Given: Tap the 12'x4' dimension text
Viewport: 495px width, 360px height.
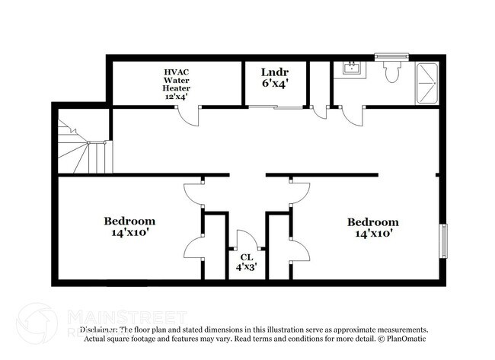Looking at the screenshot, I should tap(177, 97).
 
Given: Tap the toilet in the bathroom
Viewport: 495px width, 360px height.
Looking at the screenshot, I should tap(391, 72).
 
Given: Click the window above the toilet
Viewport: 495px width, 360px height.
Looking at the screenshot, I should tap(391, 56).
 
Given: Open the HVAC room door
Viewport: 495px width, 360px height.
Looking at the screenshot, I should tap(187, 116).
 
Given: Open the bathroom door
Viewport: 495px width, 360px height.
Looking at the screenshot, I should tap(353, 115).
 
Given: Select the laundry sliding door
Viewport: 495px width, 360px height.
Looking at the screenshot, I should tap(276, 108).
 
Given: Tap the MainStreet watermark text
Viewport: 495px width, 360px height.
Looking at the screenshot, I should tap(126, 315).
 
